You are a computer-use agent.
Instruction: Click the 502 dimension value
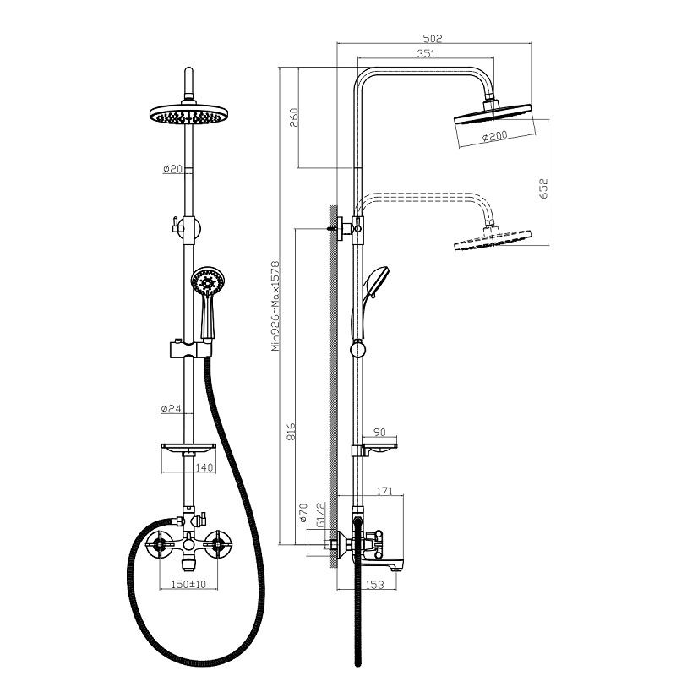[x=433, y=38]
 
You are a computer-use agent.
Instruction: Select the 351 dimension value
[x=426, y=53]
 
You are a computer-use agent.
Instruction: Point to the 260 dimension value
[x=293, y=117]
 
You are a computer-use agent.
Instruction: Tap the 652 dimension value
[x=543, y=188]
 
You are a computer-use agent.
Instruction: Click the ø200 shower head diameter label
[x=494, y=136]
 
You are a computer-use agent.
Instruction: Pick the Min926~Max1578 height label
[x=275, y=306]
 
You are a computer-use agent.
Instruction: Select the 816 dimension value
[x=292, y=432]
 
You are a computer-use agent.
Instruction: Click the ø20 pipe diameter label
[x=173, y=169]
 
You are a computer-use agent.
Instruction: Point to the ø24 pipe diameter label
[x=172, y=408]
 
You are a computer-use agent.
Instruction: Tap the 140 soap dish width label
[x=204, y=467]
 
